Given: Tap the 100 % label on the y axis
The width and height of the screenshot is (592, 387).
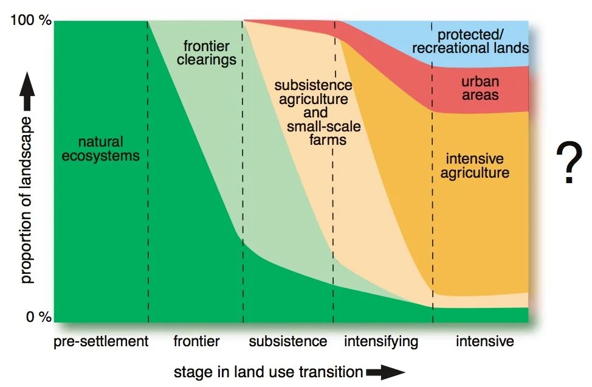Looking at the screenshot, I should [31, 21].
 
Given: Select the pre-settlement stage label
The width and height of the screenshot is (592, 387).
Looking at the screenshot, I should [101, 341].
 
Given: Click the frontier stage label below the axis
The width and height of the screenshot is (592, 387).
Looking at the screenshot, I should [196, 341].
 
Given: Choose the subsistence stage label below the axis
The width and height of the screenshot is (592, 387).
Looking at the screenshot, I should [288, 341].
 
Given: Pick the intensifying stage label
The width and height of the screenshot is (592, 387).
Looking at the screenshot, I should [381, 341].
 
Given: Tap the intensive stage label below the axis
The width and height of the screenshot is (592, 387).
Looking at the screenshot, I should [484, 341].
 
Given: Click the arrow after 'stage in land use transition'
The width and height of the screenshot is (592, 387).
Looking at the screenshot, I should [385, 372].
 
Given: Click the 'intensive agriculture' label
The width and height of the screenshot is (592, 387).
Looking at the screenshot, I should [477, 166].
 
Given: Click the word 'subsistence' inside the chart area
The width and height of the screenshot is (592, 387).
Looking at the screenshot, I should [313, 85].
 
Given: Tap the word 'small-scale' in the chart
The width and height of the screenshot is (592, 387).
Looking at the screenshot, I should [324, 127].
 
